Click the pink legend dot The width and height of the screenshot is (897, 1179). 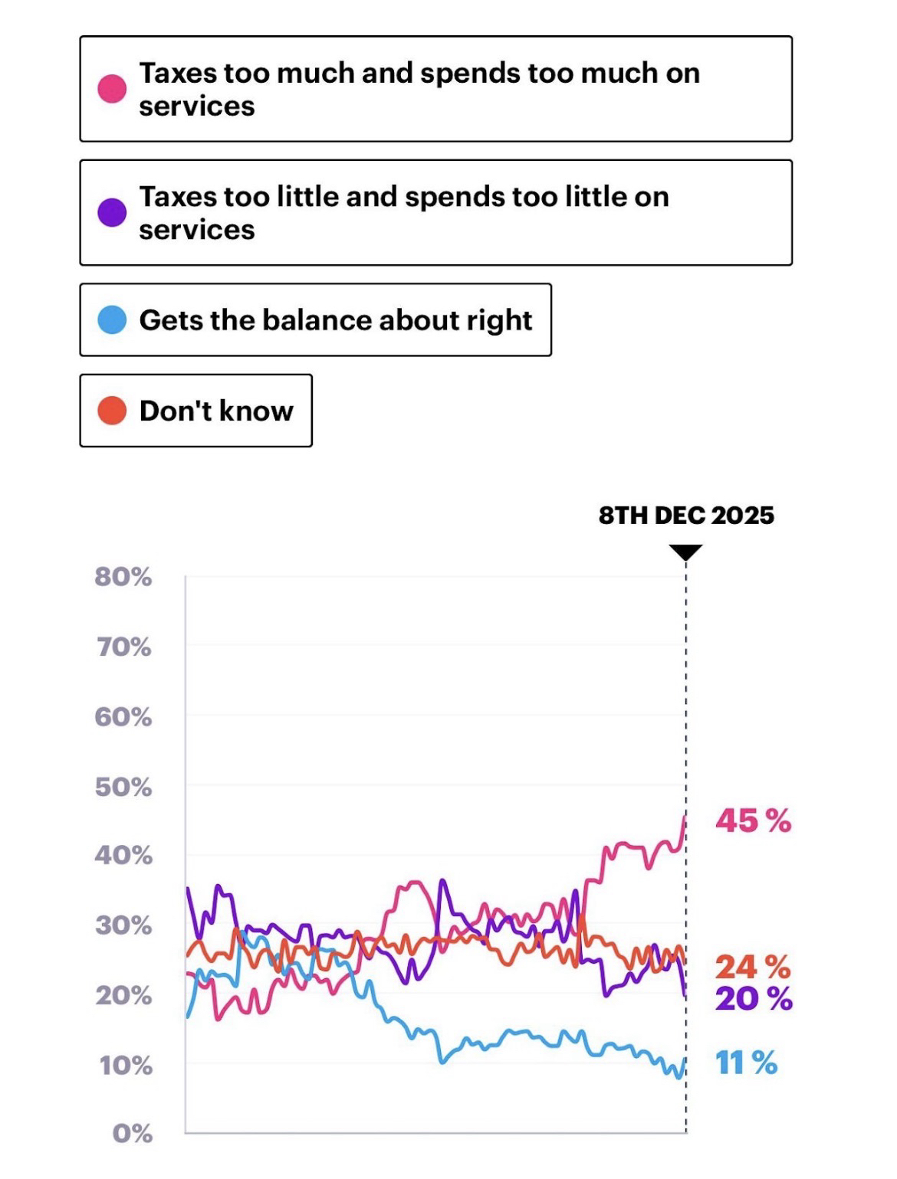tap(112, 89)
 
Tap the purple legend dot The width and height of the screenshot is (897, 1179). tap(112, 212)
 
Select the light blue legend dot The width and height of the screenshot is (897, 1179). tap(112, 319)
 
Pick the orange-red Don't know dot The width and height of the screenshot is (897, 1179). tap(112, 411)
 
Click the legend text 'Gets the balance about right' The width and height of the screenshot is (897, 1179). tap(335, 319)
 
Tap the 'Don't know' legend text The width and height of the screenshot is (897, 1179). tap(216, 411)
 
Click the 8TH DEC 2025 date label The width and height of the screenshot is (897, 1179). tap(686, 515)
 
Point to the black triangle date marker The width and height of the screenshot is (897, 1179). tap(686, 552)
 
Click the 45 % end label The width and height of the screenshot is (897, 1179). tap(753, 820)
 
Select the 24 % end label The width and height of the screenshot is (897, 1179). tap(753, 967)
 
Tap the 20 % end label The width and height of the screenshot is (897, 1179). tap(753, 998)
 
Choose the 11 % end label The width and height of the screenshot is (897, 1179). tap(747, 1063)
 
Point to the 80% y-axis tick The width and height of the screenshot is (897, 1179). tap(123, 577)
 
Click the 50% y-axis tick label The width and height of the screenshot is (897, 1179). tap(123, 787)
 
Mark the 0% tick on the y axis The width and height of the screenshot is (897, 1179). tap(132, 1133)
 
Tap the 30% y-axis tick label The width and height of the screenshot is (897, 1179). tap(123, 925)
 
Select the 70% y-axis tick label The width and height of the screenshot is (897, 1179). tap(123, 647)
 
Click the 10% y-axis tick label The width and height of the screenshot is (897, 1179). tap(125, 1065)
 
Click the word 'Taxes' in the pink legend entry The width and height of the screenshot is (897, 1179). tap(178, 73)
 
